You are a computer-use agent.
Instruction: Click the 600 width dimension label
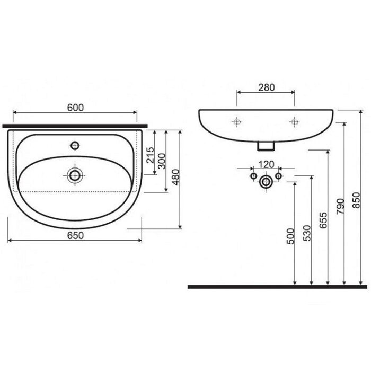(75, 108)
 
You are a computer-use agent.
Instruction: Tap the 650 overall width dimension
(75, 235)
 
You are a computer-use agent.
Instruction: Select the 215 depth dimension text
(151, 155)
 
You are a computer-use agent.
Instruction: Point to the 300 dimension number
(162, 161)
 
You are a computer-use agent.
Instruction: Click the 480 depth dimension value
(176, 177)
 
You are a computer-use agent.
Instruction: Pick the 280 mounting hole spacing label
(267, 87)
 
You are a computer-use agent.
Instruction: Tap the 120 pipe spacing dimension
(266, 164)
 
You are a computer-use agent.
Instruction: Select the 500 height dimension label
(290, 236)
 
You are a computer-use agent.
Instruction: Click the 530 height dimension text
(307, 233)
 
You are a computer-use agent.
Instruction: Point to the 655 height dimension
(323, 220)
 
